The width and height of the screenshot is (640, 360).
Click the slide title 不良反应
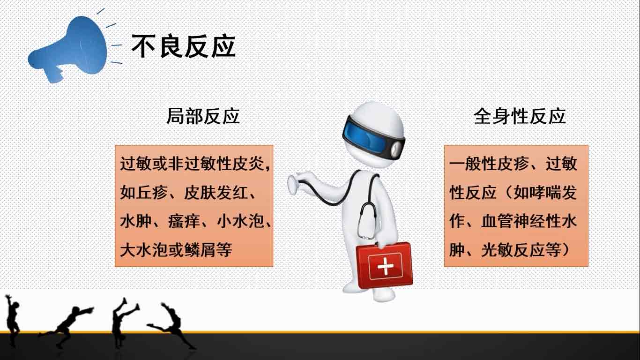coord(184,46)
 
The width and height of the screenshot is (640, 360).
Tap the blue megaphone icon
coord(68,49)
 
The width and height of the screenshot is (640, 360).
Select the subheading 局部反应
coord(203,116)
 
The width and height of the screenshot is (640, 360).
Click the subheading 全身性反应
coord(520,116)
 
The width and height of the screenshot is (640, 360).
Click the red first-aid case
coord(384,264)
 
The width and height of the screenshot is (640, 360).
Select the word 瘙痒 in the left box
coord(183,221)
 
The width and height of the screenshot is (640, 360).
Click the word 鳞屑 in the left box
coord(200,250)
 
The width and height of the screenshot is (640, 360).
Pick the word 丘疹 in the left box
coord(151,193)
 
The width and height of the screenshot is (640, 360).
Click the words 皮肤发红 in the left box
coord(216,193)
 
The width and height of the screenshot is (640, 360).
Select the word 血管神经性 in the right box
coord(521,221)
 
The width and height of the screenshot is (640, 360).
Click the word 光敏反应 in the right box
coord(513,250)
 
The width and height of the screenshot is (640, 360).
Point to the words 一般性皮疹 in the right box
coord(489,164)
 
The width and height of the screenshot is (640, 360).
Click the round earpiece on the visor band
coord(396,148)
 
